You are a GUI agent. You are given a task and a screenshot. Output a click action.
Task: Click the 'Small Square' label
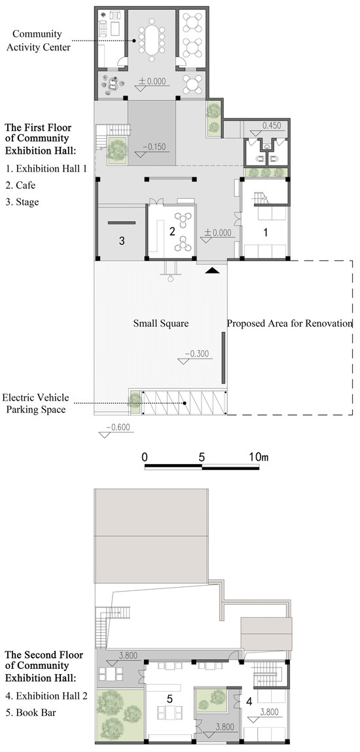(160, 324)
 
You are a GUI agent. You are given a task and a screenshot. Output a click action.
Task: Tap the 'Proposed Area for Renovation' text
(289, 324)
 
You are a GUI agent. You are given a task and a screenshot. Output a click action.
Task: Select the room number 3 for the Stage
(122, 241)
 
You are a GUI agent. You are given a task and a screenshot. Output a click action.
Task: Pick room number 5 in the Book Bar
(170, 699)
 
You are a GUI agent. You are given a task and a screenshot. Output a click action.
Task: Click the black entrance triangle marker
(212, 271)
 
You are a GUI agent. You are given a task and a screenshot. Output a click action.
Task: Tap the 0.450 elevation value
(274, 126)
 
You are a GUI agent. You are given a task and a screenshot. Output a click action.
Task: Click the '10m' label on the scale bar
(259, 457)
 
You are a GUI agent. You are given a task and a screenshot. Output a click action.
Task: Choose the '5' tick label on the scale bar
(202, 457)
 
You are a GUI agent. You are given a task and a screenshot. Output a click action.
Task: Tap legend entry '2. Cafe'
(21, 185)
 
